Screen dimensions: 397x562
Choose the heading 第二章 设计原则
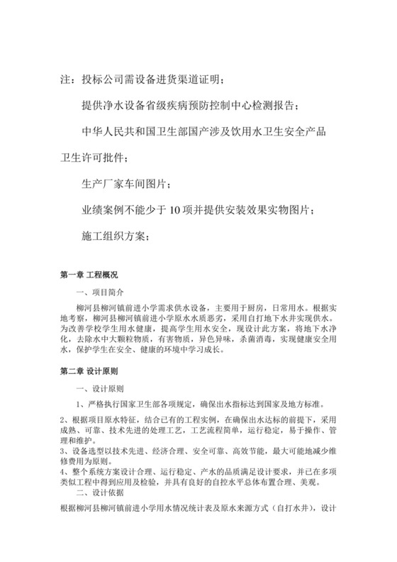pos(89,370)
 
